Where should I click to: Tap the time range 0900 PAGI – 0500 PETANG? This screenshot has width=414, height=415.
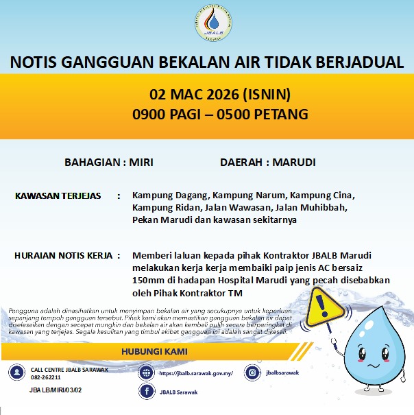(x=220, y=113)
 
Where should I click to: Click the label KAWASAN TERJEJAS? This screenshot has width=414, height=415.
(x=58, y=196)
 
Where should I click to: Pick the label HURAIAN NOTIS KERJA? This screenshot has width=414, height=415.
(x=62, y=256)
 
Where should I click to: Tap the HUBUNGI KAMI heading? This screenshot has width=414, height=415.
(x=154, y=352)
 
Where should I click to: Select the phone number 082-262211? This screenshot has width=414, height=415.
(x=46, y=377)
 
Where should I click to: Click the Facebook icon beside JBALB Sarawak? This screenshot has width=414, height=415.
(x=145, y=391)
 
